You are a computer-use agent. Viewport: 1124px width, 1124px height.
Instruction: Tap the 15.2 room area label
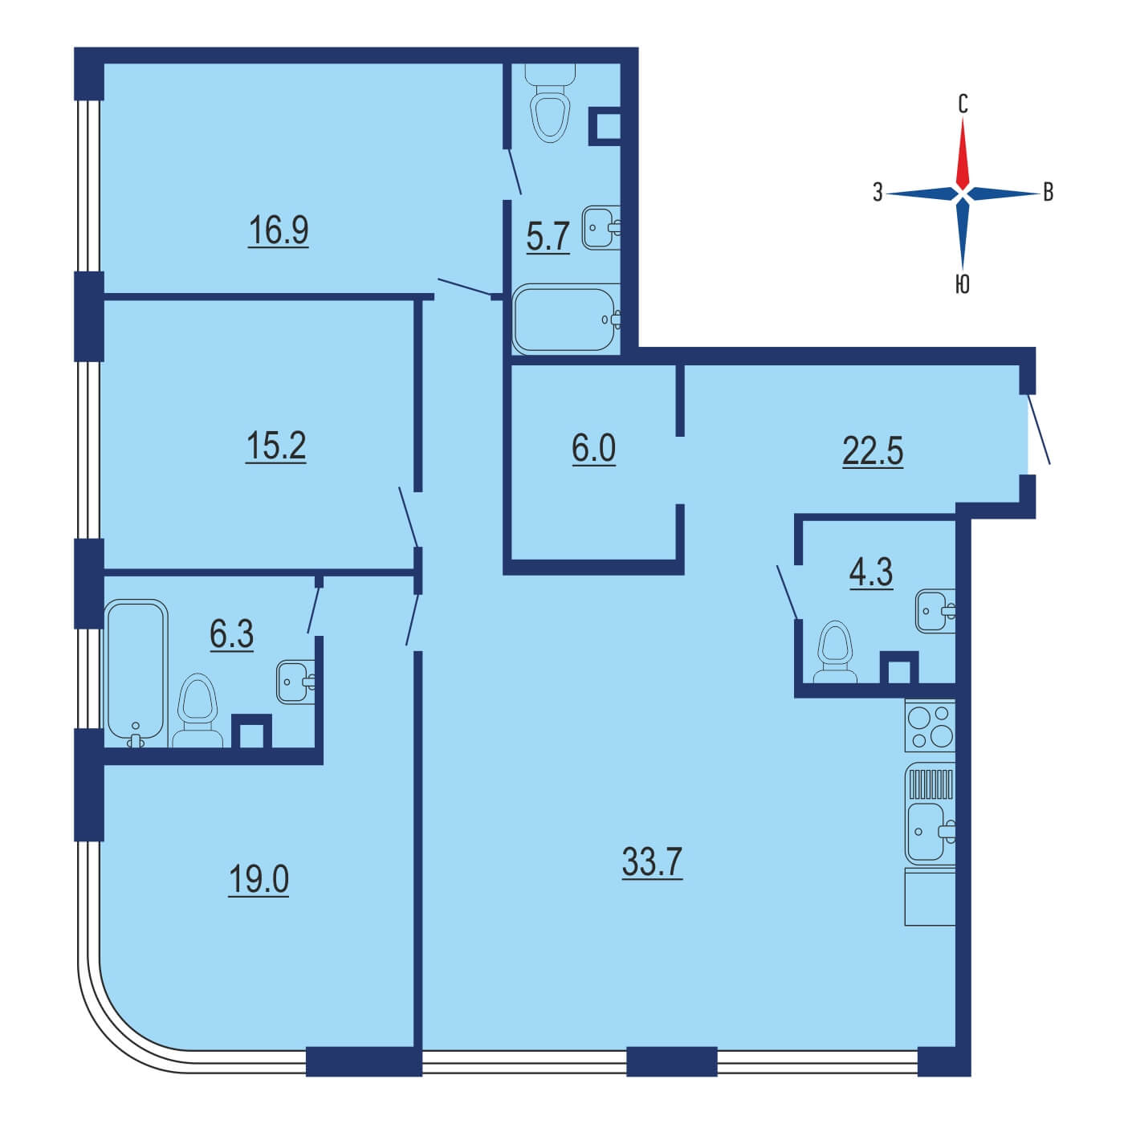[x=276, y=446]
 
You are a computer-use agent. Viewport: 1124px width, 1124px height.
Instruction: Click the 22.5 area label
[x=873, y=451]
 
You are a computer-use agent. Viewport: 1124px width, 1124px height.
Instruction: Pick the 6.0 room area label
[x=593, y=449]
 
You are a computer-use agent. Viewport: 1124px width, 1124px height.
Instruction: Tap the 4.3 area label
[x=871, y=572]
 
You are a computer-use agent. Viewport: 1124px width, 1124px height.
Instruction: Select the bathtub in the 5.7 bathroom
[x=566, y=319]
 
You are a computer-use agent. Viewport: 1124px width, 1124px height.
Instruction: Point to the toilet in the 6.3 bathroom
[x=198, y=711]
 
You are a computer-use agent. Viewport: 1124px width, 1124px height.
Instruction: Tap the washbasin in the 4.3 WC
[x=935, y=611]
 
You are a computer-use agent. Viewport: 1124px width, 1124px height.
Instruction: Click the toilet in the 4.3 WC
[x=835, y=652]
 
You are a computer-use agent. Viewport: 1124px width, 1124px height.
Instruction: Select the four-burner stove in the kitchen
[x=930, y=727]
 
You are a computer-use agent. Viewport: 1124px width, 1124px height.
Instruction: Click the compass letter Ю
[x=963, y=285]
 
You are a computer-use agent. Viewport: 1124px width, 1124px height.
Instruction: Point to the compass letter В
[x=1049, y=193]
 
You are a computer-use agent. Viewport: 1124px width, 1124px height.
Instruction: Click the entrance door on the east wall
[x=1039, y=430]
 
